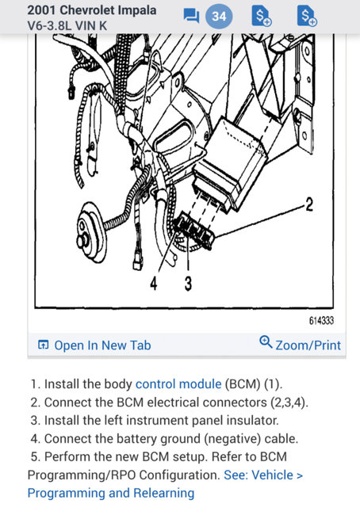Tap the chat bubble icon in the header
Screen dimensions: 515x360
(190, 16)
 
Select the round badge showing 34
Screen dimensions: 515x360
(219, 16)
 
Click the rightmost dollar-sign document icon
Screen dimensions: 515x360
(305, 16)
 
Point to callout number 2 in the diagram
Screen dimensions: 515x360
(309, 205)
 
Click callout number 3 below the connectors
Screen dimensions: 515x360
(188, 284)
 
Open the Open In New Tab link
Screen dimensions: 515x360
(101, 345)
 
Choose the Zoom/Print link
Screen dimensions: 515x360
(308, 345)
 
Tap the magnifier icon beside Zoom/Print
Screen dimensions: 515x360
(266, 343)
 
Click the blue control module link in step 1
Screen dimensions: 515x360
(178, 383)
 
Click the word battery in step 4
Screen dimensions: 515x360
(141, 438)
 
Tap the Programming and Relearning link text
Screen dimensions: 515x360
(110, 493)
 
